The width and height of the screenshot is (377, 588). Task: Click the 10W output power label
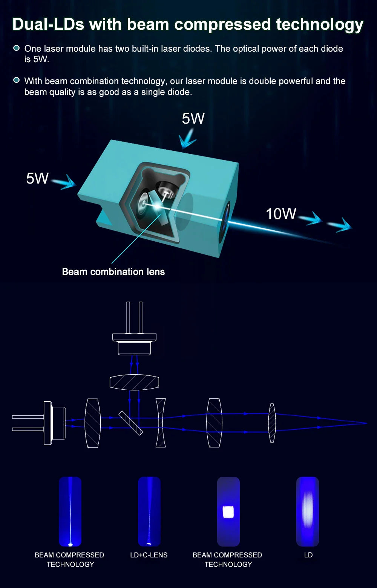[x=281, y=214]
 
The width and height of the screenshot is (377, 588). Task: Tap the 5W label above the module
[x=193, y=118]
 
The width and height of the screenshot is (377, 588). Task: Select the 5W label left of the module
[x=37, y=178]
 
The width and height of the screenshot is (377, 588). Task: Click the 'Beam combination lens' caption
[x=113, y=272]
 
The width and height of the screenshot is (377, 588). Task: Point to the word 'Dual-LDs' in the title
[x=48, y=24]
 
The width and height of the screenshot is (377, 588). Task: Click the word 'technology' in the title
[x=319, y=24]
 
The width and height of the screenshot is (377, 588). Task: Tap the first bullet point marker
[x=16, y=48]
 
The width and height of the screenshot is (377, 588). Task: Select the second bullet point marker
[x=16, y=80]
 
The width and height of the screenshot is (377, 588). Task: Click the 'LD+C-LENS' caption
[x=149, y=555]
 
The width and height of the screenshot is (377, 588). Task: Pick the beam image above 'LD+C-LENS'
[x=149, y=511]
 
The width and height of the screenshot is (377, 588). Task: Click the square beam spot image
[x=228, y=511]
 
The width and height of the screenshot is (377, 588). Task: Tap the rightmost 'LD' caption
[x=308, y=555]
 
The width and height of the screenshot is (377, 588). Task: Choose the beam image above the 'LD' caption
[x=307, y=511]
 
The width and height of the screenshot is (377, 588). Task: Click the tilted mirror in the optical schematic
[x=131, y=423]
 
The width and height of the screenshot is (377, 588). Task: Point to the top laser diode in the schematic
[x=134, y=339]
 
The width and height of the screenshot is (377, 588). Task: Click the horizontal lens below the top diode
[x=134, y=383]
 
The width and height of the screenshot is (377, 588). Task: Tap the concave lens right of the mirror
[x=161, y=423]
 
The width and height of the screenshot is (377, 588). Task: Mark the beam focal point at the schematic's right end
[x=366, y=423]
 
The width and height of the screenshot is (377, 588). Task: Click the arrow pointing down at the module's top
[x=187, y=140]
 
